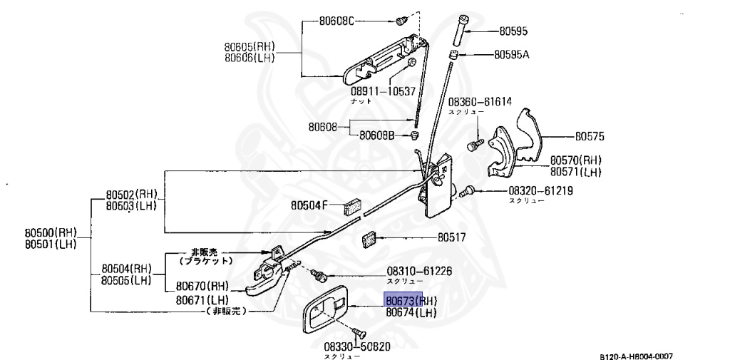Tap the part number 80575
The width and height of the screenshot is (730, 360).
click(589, 135)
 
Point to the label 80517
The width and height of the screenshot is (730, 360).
click(451, 237)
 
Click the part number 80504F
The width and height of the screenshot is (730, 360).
click(309, 206)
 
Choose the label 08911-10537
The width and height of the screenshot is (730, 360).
click(382, 91)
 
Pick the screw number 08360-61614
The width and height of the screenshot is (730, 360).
click(480, 101)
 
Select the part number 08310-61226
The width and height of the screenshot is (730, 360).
click(419, 271)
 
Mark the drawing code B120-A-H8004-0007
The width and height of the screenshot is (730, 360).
click(635, 355)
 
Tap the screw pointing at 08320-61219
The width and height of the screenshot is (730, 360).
click(466, 191)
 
